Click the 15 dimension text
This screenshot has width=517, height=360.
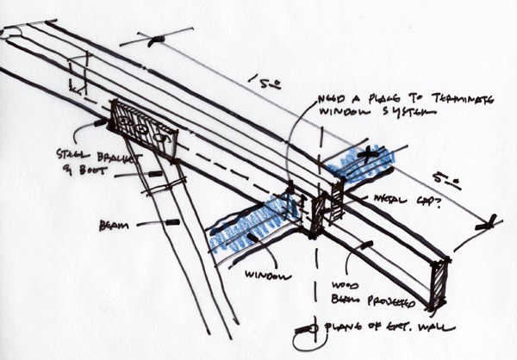259,83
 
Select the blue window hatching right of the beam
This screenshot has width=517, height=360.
362,161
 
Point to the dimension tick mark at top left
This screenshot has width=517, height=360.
154,40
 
